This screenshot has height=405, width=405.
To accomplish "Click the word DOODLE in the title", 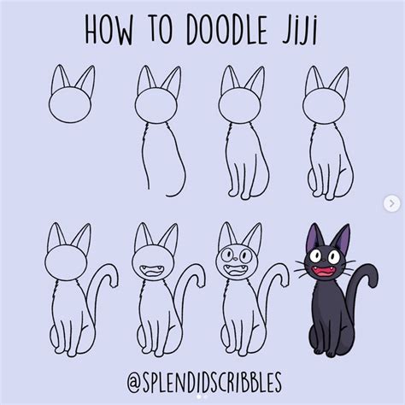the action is [227, 30].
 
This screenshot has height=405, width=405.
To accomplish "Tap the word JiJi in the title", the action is [299, 31].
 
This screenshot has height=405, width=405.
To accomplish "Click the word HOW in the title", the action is [109, 30].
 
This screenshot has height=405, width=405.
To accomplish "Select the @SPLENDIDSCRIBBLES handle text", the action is [204, 381].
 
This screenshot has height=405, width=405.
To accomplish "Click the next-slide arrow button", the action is [392, 203].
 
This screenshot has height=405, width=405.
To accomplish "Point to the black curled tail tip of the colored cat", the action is [373, 280].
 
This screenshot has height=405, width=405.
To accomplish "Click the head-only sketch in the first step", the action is [71, 94].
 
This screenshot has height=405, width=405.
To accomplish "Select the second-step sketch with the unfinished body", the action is [160, 131].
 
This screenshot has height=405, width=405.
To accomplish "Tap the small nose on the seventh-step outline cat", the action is [235, 259].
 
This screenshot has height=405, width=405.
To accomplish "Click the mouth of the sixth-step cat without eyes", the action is [151, 271].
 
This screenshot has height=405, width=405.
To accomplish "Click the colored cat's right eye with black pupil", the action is [333, 257].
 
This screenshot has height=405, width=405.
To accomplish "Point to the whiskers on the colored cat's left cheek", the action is [301, 267].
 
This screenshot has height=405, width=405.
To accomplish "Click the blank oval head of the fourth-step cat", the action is [324, 105].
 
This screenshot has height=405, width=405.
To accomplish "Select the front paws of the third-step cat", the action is [239, 194].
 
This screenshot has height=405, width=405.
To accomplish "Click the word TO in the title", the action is [161, 30].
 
